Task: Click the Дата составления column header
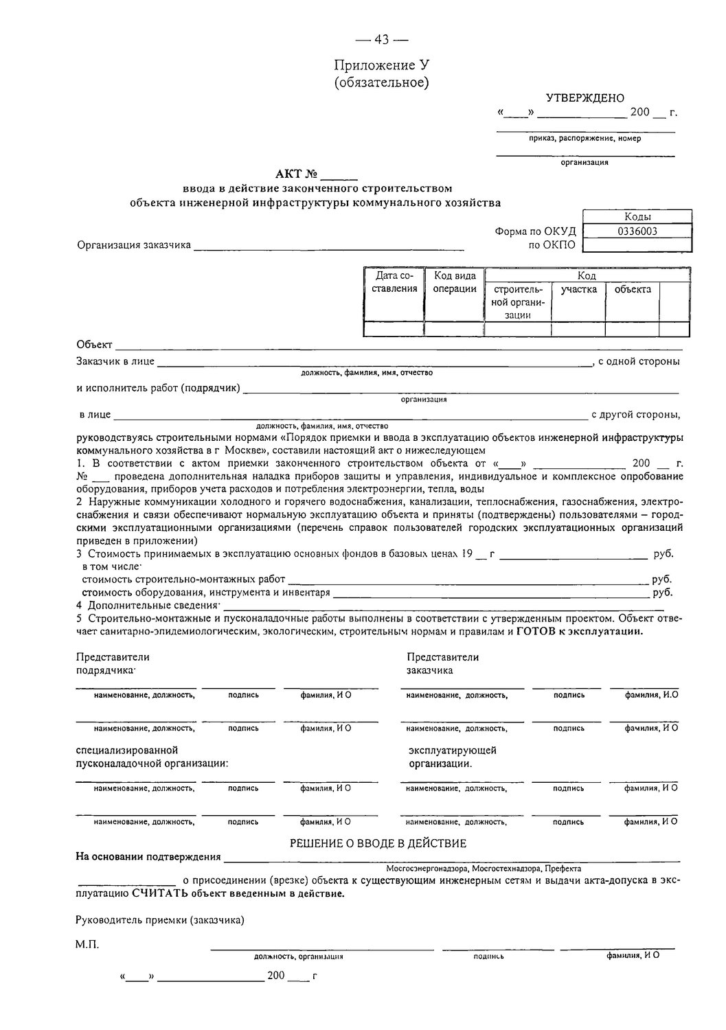[x=394, y=282]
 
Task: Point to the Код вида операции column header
[x=455, y=282]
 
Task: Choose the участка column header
[x=578, y=289]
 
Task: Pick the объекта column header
[x=632, y=289]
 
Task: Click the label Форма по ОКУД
[x=535, y=231]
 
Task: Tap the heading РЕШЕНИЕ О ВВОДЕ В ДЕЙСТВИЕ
[x=378, y=843]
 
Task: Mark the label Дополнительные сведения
[x=151, y=605]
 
